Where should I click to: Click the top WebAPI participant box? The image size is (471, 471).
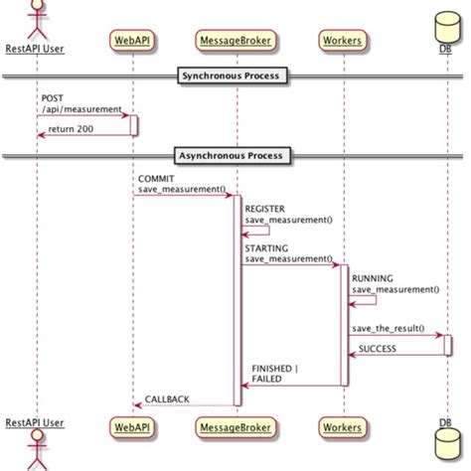click(133, 40)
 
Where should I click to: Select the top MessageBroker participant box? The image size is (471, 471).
click(236, 40)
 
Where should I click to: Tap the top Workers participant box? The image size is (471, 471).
click(343, 40)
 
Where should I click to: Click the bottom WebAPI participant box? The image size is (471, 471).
click(133, 426)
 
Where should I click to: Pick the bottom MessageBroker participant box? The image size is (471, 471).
click(236, 426)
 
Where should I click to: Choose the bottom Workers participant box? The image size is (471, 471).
click(343, 426)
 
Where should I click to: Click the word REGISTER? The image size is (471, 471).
click(264, 210)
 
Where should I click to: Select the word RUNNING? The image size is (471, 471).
click(373, 279)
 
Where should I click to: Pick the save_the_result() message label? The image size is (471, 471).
click(388, 328)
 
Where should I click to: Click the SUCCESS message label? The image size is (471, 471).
click(379, 349)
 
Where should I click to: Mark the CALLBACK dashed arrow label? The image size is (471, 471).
click(167, 398)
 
